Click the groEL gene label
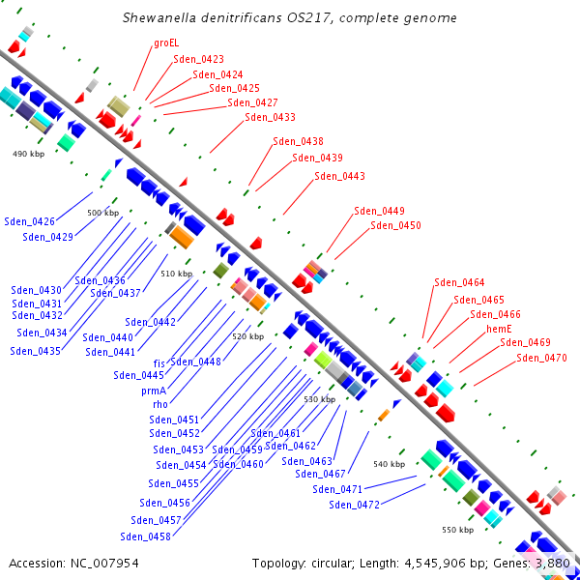pos(166,43)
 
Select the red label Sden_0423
pos(198,59)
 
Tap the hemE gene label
pos(499,329)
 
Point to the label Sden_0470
pos(541,358)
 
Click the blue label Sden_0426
pos(30,221)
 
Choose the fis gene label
pos(159,362)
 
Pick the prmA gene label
pos(154,391)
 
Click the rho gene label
pos(160,404)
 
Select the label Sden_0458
pos(146,536)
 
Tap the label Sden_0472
pos(355,505)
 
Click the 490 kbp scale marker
pos(28,154)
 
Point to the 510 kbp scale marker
pos(177,274)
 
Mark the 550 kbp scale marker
pos(458,530)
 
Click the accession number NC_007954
pos(104,564)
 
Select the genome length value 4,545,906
pos(435,564)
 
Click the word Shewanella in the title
pos(159,17)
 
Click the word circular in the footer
pos(333,564)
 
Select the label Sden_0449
pos(380,211)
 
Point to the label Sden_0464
pos(459,282)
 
